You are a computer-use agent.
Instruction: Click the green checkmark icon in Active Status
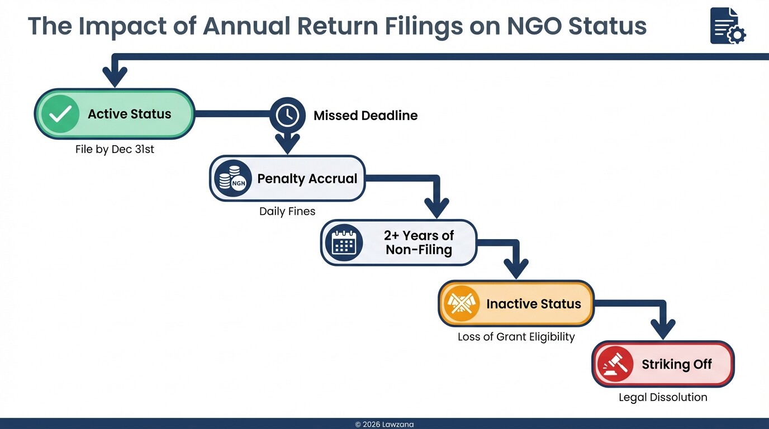pos(60,114)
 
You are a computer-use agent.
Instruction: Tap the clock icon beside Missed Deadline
pos(287,116)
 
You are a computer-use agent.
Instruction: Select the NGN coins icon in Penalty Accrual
pos(232,179)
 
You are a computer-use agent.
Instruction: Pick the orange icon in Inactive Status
pos(461,304)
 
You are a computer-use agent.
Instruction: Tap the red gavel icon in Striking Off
pos(615,365)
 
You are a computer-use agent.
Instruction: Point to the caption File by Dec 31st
pos(115,150)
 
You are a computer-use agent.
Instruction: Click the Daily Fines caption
pos(287,212)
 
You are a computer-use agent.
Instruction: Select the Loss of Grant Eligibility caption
pos(516,337)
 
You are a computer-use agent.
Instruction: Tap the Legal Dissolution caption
pos(663,397)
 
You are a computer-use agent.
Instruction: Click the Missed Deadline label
pos(365,116)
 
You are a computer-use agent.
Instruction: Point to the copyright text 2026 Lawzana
pos(385,425)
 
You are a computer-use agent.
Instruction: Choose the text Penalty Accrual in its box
pos(307,179)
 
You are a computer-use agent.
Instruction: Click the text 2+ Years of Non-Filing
pos(419,242)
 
